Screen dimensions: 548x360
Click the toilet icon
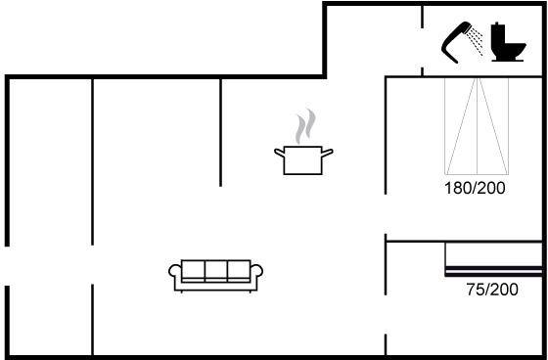pyautogui.click(x=508, y=42)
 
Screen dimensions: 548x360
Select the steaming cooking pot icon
pyautogui.click(x=303, y=142)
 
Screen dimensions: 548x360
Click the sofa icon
pyautogui.click(x=216, y=276)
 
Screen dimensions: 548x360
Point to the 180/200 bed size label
pyautogui.click(x=475, y=188)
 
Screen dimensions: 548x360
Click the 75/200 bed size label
pyautogui.click(x=492, y=290)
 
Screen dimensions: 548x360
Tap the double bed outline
pyautogui.click(x=477, y=126)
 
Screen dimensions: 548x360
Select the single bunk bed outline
pyautogui.click(x=493, y=259)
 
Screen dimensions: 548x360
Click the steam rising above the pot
pyautogui.click(x=305, y=126)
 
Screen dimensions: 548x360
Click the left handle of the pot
pyautogui.click(x=279, y=153)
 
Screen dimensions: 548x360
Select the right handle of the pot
pyautogui.click(x=327, y=153)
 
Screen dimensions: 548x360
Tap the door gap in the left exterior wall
pyautogui.click(x=7, y=266)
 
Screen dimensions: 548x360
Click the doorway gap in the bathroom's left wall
pyautogui.click(x=422, y=48)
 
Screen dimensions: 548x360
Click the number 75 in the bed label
pyautogui.click(x=475, y=290)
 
